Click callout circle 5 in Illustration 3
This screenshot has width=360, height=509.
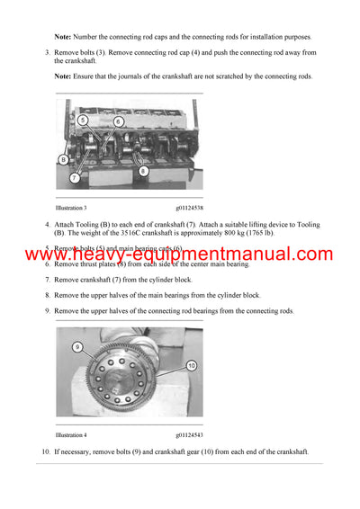pyautogui.click(x=83, y=120)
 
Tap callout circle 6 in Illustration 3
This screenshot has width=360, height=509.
pyautogui.click(x=119, y=121)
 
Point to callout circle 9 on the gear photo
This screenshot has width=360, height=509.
pyautogui.click(x=78, y=346)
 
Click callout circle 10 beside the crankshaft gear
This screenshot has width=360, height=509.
pyautogui.click(x=192, y=365)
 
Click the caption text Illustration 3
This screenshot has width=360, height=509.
pyautogui.click(x=71, y=208)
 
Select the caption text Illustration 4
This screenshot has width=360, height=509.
pyautogui.click(x=71, y=433)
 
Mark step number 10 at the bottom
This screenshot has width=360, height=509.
pyautogui.click(x=45, y=451)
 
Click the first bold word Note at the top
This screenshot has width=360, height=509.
pyautogui.click(x=64, y=36)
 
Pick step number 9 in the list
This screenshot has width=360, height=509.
pyautogui.click(x=47, y=310)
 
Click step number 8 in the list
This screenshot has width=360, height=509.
pyautogui.click(x=47, y=295)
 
